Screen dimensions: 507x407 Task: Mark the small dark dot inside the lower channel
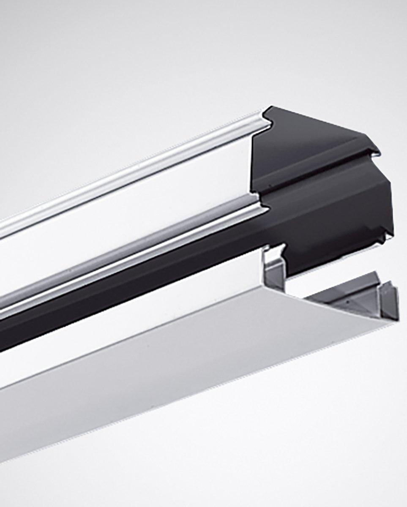(345, 303)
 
